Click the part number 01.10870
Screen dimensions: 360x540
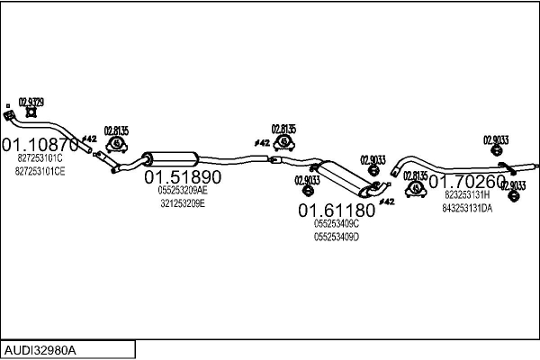(x=40, y=144)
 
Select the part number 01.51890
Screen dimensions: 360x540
(x=183, y=177)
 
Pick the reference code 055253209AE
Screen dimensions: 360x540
(x=183, y=191)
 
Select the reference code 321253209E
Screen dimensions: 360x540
(x=183, y=203)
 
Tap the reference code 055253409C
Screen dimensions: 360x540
(x=337, y=223)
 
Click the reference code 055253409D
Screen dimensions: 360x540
(x=337, y=237)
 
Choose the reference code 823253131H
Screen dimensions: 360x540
(x=466, y=193)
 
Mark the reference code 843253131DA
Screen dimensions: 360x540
(x=467, y=208)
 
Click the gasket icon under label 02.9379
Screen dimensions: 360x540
(x=31, y=112)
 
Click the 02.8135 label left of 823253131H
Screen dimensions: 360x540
(x=415, y=175)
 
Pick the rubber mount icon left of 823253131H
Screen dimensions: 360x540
(x=415, y=189)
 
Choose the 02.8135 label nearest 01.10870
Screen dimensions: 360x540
(x=117, y=129)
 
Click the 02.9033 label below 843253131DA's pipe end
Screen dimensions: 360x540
(x=511, y=186)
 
